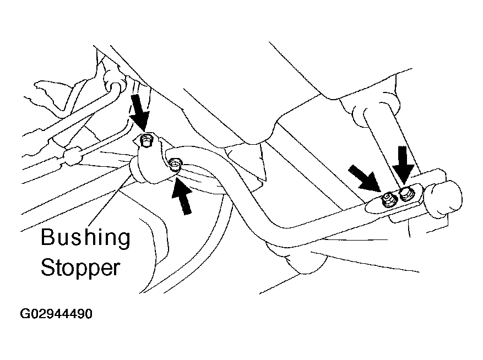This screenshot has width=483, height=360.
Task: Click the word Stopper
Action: click(x=80, y=268)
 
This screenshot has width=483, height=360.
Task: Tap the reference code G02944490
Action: click(x=56, y=314)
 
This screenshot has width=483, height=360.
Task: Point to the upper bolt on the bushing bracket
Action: click(x=145, y=141)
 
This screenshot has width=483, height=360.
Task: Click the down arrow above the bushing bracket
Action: click(x=139, y=113)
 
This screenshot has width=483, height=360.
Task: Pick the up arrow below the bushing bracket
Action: click(x=182, y=196)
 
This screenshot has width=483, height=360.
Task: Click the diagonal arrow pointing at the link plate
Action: click(x=364, y=178)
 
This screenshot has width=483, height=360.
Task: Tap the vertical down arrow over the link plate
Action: click(x=403, y=165)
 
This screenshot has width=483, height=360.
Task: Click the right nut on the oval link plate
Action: click(x=406, y=194)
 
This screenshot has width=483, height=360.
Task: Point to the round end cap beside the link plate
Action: click(x=443, y=199)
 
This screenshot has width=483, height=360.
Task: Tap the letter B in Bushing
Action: click(x=48, y=237)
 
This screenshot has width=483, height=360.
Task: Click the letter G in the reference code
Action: click(x=24, y=314)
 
